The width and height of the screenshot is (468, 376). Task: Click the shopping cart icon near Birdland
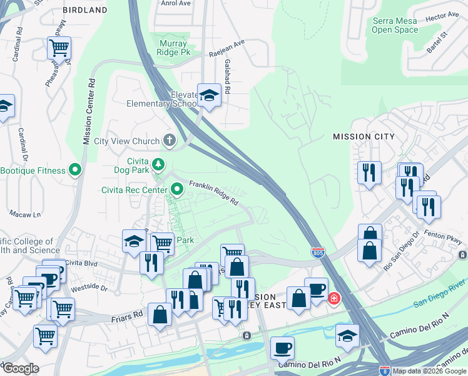click(59, 47)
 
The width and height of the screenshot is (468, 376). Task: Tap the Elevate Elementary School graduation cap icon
click(209, 95)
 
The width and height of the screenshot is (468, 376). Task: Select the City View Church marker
click(168, 140)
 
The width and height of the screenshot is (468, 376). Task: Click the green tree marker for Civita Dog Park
click(159, 165)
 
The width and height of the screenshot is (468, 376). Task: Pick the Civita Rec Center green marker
click(177, 187)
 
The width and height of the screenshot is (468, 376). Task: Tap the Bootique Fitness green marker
click(76, 170)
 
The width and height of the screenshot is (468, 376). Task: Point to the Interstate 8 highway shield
click(385, 371)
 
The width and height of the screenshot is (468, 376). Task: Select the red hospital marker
click(335, 297)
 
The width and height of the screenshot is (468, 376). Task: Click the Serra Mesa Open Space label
click(395, 25)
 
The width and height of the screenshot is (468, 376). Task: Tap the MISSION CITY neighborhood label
click(364, 137)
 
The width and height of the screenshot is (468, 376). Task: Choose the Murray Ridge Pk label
click(173, 48)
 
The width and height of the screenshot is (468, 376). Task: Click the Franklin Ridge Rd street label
click(214, 194)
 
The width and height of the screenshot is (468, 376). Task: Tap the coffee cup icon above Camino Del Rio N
click(282, 348)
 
